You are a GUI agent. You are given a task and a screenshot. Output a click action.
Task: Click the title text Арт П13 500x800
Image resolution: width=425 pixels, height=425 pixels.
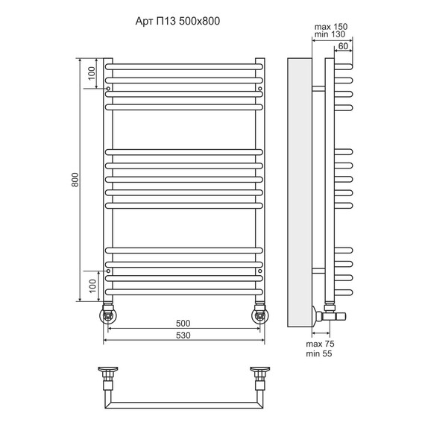pos(177,21)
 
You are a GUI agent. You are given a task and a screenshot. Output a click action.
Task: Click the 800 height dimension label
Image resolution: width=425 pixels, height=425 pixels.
pos(75,180)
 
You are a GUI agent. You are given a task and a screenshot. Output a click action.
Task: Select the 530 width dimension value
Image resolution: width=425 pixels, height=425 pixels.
pos(183,336)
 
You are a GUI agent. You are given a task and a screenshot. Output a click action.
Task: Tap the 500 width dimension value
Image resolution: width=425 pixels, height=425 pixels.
pos(183,324)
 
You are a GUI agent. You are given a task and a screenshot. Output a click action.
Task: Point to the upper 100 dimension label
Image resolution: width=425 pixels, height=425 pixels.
pos(92,73)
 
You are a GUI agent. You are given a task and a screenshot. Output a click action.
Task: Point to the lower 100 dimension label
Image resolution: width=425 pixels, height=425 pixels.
pos(93,286)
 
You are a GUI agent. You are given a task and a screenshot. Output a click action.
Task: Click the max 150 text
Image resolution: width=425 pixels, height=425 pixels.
pos(331,27)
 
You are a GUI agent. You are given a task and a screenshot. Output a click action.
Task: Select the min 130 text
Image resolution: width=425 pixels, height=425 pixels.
pos(330,34)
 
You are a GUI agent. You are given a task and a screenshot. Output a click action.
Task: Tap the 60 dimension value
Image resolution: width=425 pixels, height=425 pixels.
pos(343,46)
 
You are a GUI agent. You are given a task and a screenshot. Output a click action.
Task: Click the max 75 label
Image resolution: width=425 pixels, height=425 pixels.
pos(320,344)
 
